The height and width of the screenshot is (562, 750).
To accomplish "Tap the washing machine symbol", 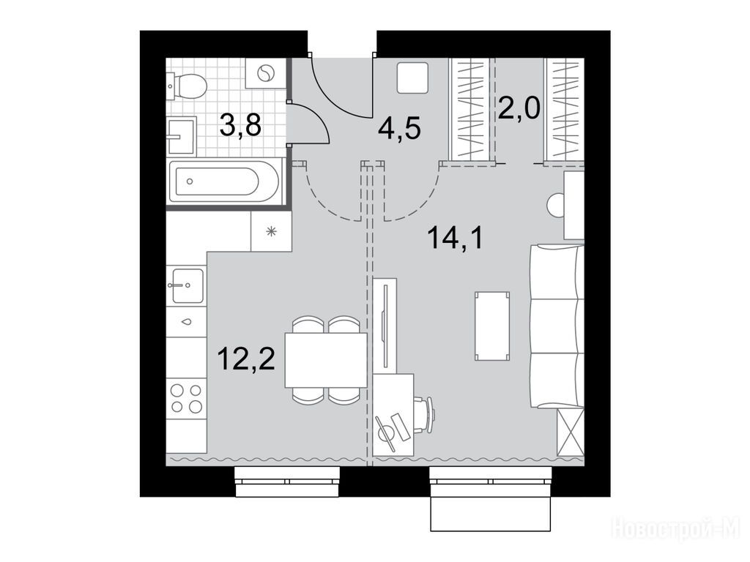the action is pos(264,73).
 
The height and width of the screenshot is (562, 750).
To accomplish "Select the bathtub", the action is pos(224,181).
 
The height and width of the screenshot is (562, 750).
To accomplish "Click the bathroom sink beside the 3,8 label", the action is pos(182,136).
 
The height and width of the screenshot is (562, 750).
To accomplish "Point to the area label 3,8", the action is pos(240,126).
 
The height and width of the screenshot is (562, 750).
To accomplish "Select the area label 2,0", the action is pos(519,108).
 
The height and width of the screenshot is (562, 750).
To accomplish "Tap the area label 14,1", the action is pos(456,238).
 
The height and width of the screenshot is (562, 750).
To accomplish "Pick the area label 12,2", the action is pos(246,359).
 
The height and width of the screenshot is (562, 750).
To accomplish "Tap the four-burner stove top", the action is pos(187,399).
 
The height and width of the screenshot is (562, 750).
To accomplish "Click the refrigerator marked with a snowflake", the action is pos(271,232).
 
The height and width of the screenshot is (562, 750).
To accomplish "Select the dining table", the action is pos(325,360).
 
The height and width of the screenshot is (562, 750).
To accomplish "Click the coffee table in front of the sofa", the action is pos(491,326).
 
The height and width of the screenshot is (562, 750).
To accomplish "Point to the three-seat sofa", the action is pos(557,326).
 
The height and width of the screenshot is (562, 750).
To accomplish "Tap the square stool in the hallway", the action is pos(413,78).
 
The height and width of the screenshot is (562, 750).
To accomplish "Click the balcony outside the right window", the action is pos(491,514).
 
